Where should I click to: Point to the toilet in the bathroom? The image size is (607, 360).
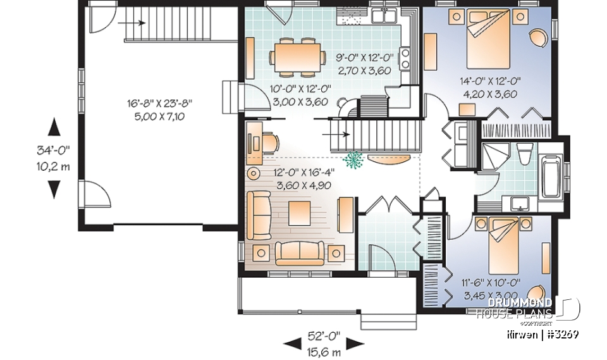tap(524, 156)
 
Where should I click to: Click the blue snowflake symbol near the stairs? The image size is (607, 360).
tap(352, 161)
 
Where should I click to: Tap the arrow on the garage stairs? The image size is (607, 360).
tap(135, 22)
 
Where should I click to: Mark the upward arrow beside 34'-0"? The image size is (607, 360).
tap(55, 127)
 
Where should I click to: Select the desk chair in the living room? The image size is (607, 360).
tap(269, 142)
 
